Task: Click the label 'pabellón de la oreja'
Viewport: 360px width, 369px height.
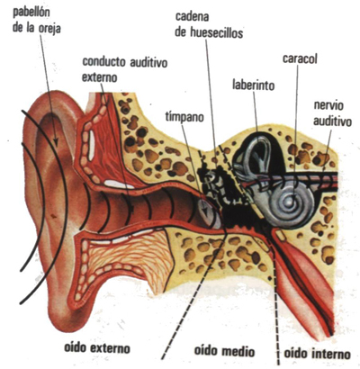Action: (37, 21)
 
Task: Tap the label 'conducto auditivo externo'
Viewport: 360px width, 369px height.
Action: (124, 69)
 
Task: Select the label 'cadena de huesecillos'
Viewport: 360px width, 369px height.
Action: (209, 24)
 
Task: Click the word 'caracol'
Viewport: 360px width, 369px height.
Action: (300, 58)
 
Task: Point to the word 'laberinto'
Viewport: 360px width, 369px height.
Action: (254, 85)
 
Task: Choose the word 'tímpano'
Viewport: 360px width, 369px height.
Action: (184, 117)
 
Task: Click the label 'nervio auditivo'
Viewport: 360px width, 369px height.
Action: (332, 113)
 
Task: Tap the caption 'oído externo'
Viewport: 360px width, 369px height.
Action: (97, 348)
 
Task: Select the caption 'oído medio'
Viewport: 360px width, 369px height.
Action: (224, 351)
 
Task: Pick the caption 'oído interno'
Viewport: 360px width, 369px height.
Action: (317, 354)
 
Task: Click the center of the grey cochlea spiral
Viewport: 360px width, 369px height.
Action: (291, 202)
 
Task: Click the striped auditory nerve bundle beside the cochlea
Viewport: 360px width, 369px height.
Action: (315, 180)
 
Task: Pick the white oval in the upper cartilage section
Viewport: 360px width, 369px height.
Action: (92, 145)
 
